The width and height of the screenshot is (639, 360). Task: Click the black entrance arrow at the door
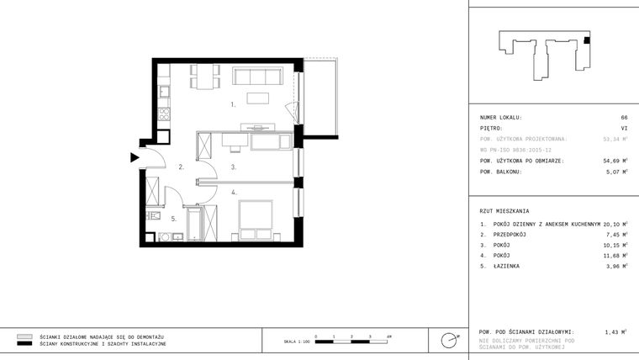(134, 156)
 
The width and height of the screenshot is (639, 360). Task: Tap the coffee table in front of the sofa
(258, 98)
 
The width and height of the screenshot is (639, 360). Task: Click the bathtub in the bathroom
(193, 224)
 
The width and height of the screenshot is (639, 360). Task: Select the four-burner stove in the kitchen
(164, 113)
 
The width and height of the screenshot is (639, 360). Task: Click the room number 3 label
(233, 167)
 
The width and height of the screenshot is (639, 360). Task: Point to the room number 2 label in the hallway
(181, 167)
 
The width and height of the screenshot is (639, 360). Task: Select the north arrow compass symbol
(449, 340)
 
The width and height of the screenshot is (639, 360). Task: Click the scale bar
(351, 340)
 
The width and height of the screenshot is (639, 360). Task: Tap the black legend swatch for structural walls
(24, 344)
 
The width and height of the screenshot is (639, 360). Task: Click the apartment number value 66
(624, 117)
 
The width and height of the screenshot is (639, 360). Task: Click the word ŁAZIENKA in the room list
(508, 266)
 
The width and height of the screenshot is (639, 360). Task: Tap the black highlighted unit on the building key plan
(587, 40)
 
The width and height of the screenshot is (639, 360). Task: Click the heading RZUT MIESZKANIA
(505, 210)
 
